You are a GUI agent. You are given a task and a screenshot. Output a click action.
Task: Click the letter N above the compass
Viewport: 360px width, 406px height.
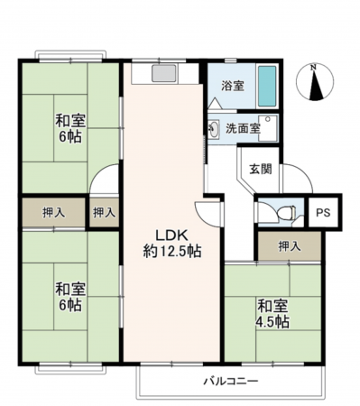coord(312,67)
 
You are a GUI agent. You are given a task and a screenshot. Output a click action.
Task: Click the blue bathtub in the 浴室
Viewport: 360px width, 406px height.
coord(265,86)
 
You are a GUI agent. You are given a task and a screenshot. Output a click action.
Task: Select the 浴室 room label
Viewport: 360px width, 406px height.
coord(233,88)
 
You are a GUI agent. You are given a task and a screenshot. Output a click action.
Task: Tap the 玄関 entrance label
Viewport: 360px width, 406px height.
coord(261,168)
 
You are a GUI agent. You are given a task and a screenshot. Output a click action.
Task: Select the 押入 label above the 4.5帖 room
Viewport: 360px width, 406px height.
coord(288,245)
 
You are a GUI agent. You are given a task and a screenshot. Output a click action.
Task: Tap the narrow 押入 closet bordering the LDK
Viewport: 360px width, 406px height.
coord(105,213)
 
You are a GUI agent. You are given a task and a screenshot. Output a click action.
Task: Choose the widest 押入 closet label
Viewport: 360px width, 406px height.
coord(54,213)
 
